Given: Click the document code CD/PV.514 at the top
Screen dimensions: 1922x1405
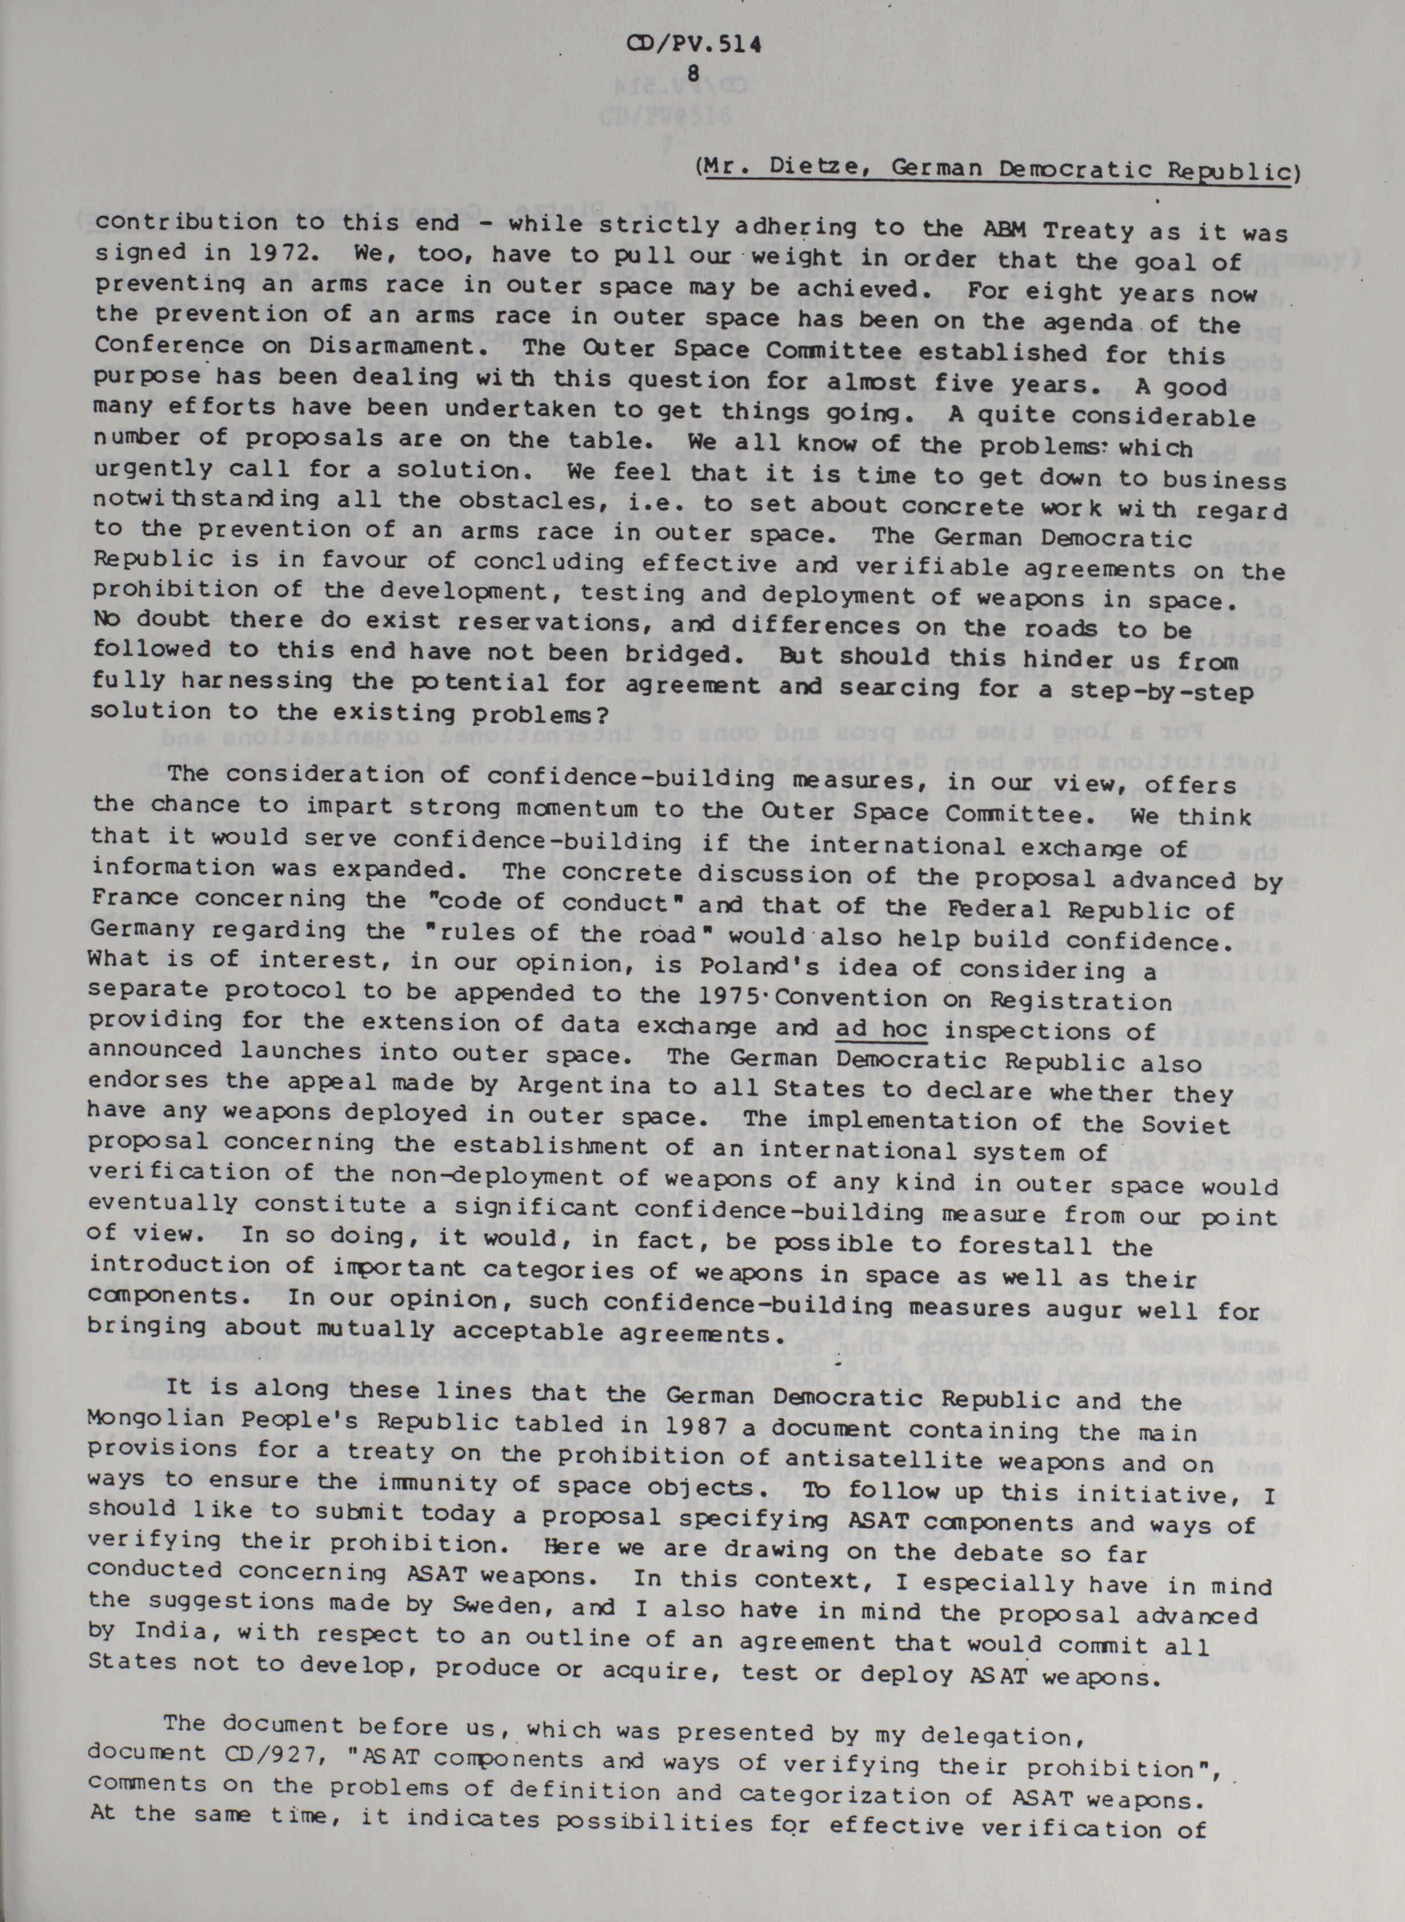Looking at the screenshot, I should (692, 48).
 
